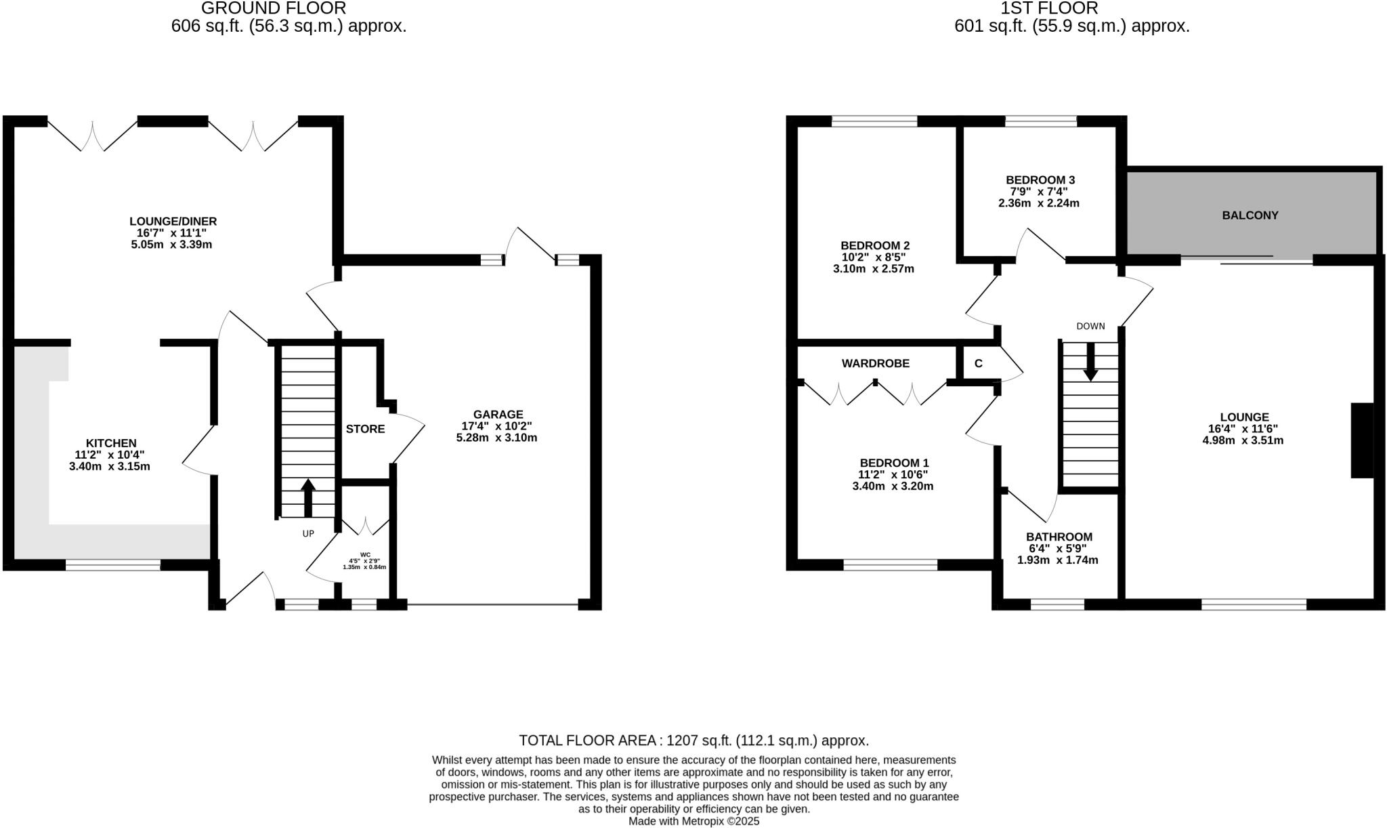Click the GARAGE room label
[x=498, y=414]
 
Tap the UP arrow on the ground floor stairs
[x=308, y=498]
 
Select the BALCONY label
[x=1250, y=215]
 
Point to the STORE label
[x=365, y=429]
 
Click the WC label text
[x=365, y=554]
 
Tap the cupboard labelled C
[x=978, y=364]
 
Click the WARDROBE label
[x=875, y=364]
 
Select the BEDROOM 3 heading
[x=1040, y=180]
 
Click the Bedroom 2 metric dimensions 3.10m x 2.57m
[x=873, y=269]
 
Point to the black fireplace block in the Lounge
[x=1362, y=440]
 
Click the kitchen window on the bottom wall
[x=113, y=564]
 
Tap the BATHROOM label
[x=1059, y=537]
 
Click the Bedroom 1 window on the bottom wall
[x=890, y=564]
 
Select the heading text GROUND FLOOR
[x=274, y=8]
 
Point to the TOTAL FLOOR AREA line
[x=693, y=740]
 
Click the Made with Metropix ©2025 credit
[x=693, y=821]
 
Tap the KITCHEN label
[x=111, y=443]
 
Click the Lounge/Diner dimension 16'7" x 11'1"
[x=171, y=232]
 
